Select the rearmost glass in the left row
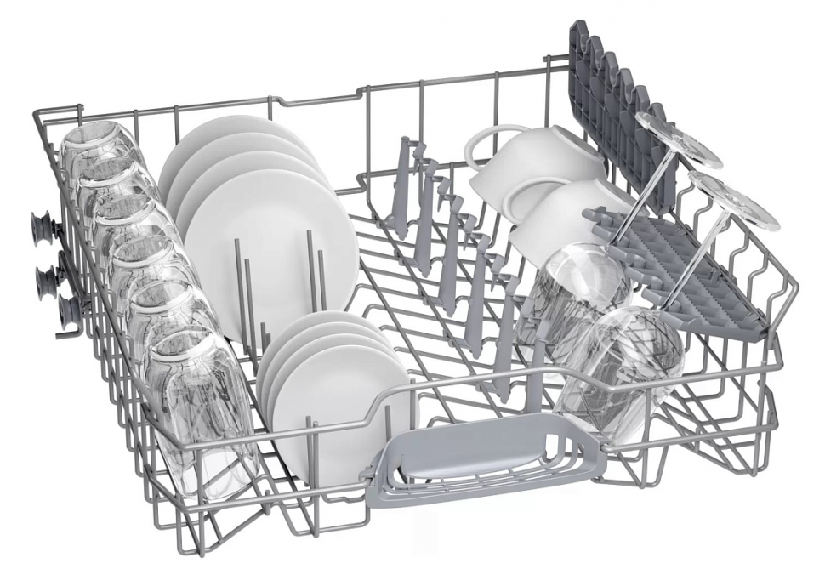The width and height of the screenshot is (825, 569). pyautogui.click(x=95, y=149)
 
